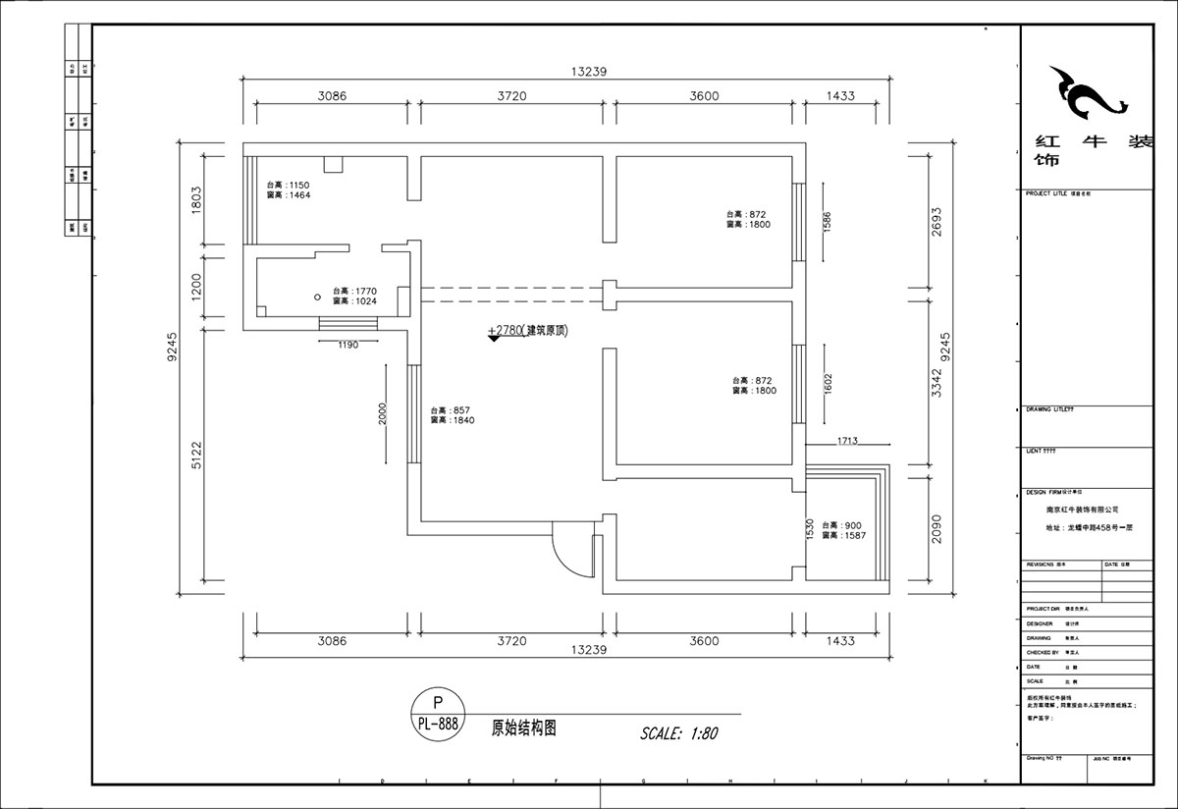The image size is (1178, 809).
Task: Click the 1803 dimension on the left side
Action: pyautogui.click(x=195, y=199)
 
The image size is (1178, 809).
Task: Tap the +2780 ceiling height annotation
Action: pyautogui.click(x=528, y=332)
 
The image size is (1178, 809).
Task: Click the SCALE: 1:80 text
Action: pyautogui.click(x=679, y=732)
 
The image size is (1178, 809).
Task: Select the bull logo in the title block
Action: pyautogui.click(x=1085, y=95)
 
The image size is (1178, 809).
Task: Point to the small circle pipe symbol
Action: pyautogui.click(x=317, y=296)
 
